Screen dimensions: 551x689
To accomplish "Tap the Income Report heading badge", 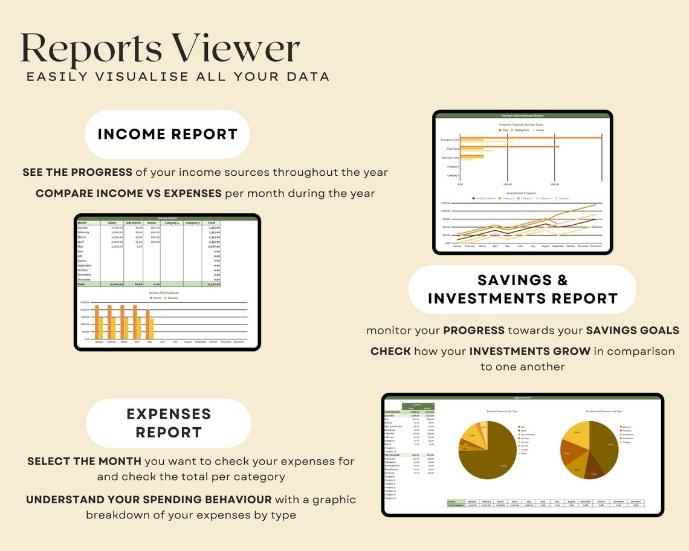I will tap(167, 134).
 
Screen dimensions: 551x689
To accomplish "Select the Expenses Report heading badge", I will tap(169, 423).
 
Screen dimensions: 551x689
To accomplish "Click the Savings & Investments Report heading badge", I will tap(523, 289).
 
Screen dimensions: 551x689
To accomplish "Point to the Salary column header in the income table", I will tap(112, 223).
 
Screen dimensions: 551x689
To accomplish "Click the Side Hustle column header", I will tap(133, 223).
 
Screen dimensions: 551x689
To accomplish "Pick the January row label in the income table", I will tap(83, 228).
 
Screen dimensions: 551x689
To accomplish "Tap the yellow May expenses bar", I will tap(151, 329).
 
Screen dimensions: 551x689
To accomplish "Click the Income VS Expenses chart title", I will tap(161, 293).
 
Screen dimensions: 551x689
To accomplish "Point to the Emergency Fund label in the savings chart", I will tap(450, 140).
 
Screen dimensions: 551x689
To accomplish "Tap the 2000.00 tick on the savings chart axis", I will tap(554, 184).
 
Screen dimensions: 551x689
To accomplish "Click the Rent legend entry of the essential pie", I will tap(522, 427).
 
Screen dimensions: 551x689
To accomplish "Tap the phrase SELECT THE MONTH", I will tap(84, 462).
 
